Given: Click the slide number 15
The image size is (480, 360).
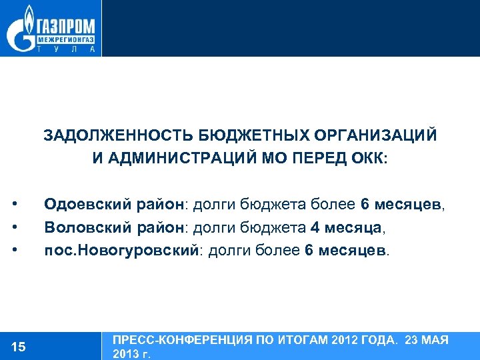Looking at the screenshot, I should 19,346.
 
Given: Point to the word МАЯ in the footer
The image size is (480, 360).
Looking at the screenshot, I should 436,340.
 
